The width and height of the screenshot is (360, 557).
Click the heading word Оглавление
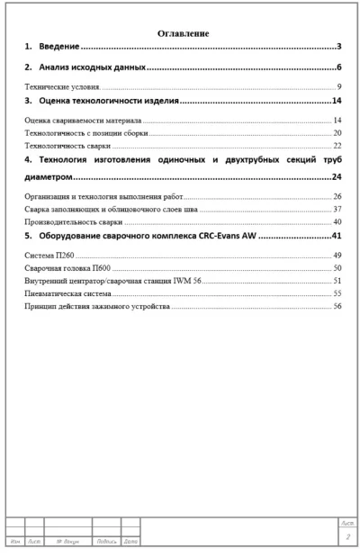184,33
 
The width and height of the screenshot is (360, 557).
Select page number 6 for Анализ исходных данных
338,67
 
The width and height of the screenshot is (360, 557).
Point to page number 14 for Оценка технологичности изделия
337,102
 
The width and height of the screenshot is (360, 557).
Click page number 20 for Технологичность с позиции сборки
337,132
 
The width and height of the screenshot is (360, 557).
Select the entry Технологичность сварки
67,145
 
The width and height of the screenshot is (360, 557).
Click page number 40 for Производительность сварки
337,220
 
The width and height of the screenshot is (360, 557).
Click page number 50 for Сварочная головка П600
337,268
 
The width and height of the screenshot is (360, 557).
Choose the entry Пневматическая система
67,293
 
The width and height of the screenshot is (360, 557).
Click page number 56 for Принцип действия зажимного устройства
337,306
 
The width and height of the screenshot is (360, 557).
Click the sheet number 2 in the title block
346,536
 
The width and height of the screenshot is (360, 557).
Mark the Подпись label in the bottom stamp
106,540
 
